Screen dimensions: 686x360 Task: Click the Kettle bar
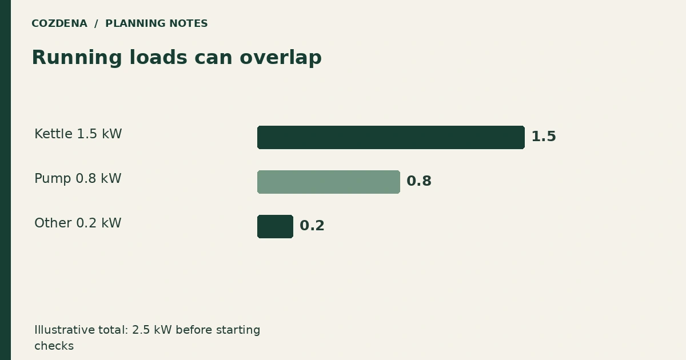[391, 138]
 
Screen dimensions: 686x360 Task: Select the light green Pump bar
[329, 182]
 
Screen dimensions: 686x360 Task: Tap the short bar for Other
[275, 226]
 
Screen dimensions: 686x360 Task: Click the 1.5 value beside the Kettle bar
[544, 137]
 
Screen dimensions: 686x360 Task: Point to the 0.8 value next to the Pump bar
[419, 181]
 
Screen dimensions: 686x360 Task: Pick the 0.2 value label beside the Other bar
[312, 226]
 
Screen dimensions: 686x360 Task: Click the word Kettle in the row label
[53, 134]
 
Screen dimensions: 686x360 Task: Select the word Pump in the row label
[53, 179]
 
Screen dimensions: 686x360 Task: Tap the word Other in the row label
[53, 223]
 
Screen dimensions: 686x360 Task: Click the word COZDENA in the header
[59, 23]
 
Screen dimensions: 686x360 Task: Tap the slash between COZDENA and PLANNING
[96, 23]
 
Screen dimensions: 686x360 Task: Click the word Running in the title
[77, 58]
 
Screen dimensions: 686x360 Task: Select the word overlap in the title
[281, 58]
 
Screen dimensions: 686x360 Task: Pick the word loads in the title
[158, 57]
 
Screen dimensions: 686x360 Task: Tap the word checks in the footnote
[54, 346]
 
